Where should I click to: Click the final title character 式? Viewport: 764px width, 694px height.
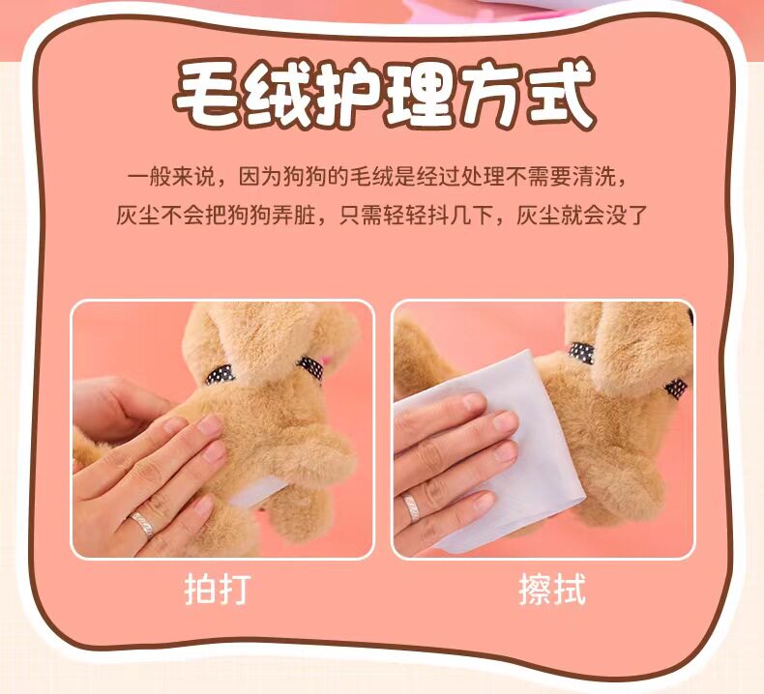coord(560,94)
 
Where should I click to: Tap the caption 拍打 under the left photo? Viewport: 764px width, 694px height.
coord(218,590)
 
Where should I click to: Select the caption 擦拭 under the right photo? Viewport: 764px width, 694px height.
coord(551,590)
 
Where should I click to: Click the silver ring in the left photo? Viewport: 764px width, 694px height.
coord(143,524)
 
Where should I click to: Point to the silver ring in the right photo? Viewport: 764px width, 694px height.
coord(412,507)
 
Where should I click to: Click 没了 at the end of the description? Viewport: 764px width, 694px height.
coord(626,215)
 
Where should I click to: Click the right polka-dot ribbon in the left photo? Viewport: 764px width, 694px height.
coord(310,367)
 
